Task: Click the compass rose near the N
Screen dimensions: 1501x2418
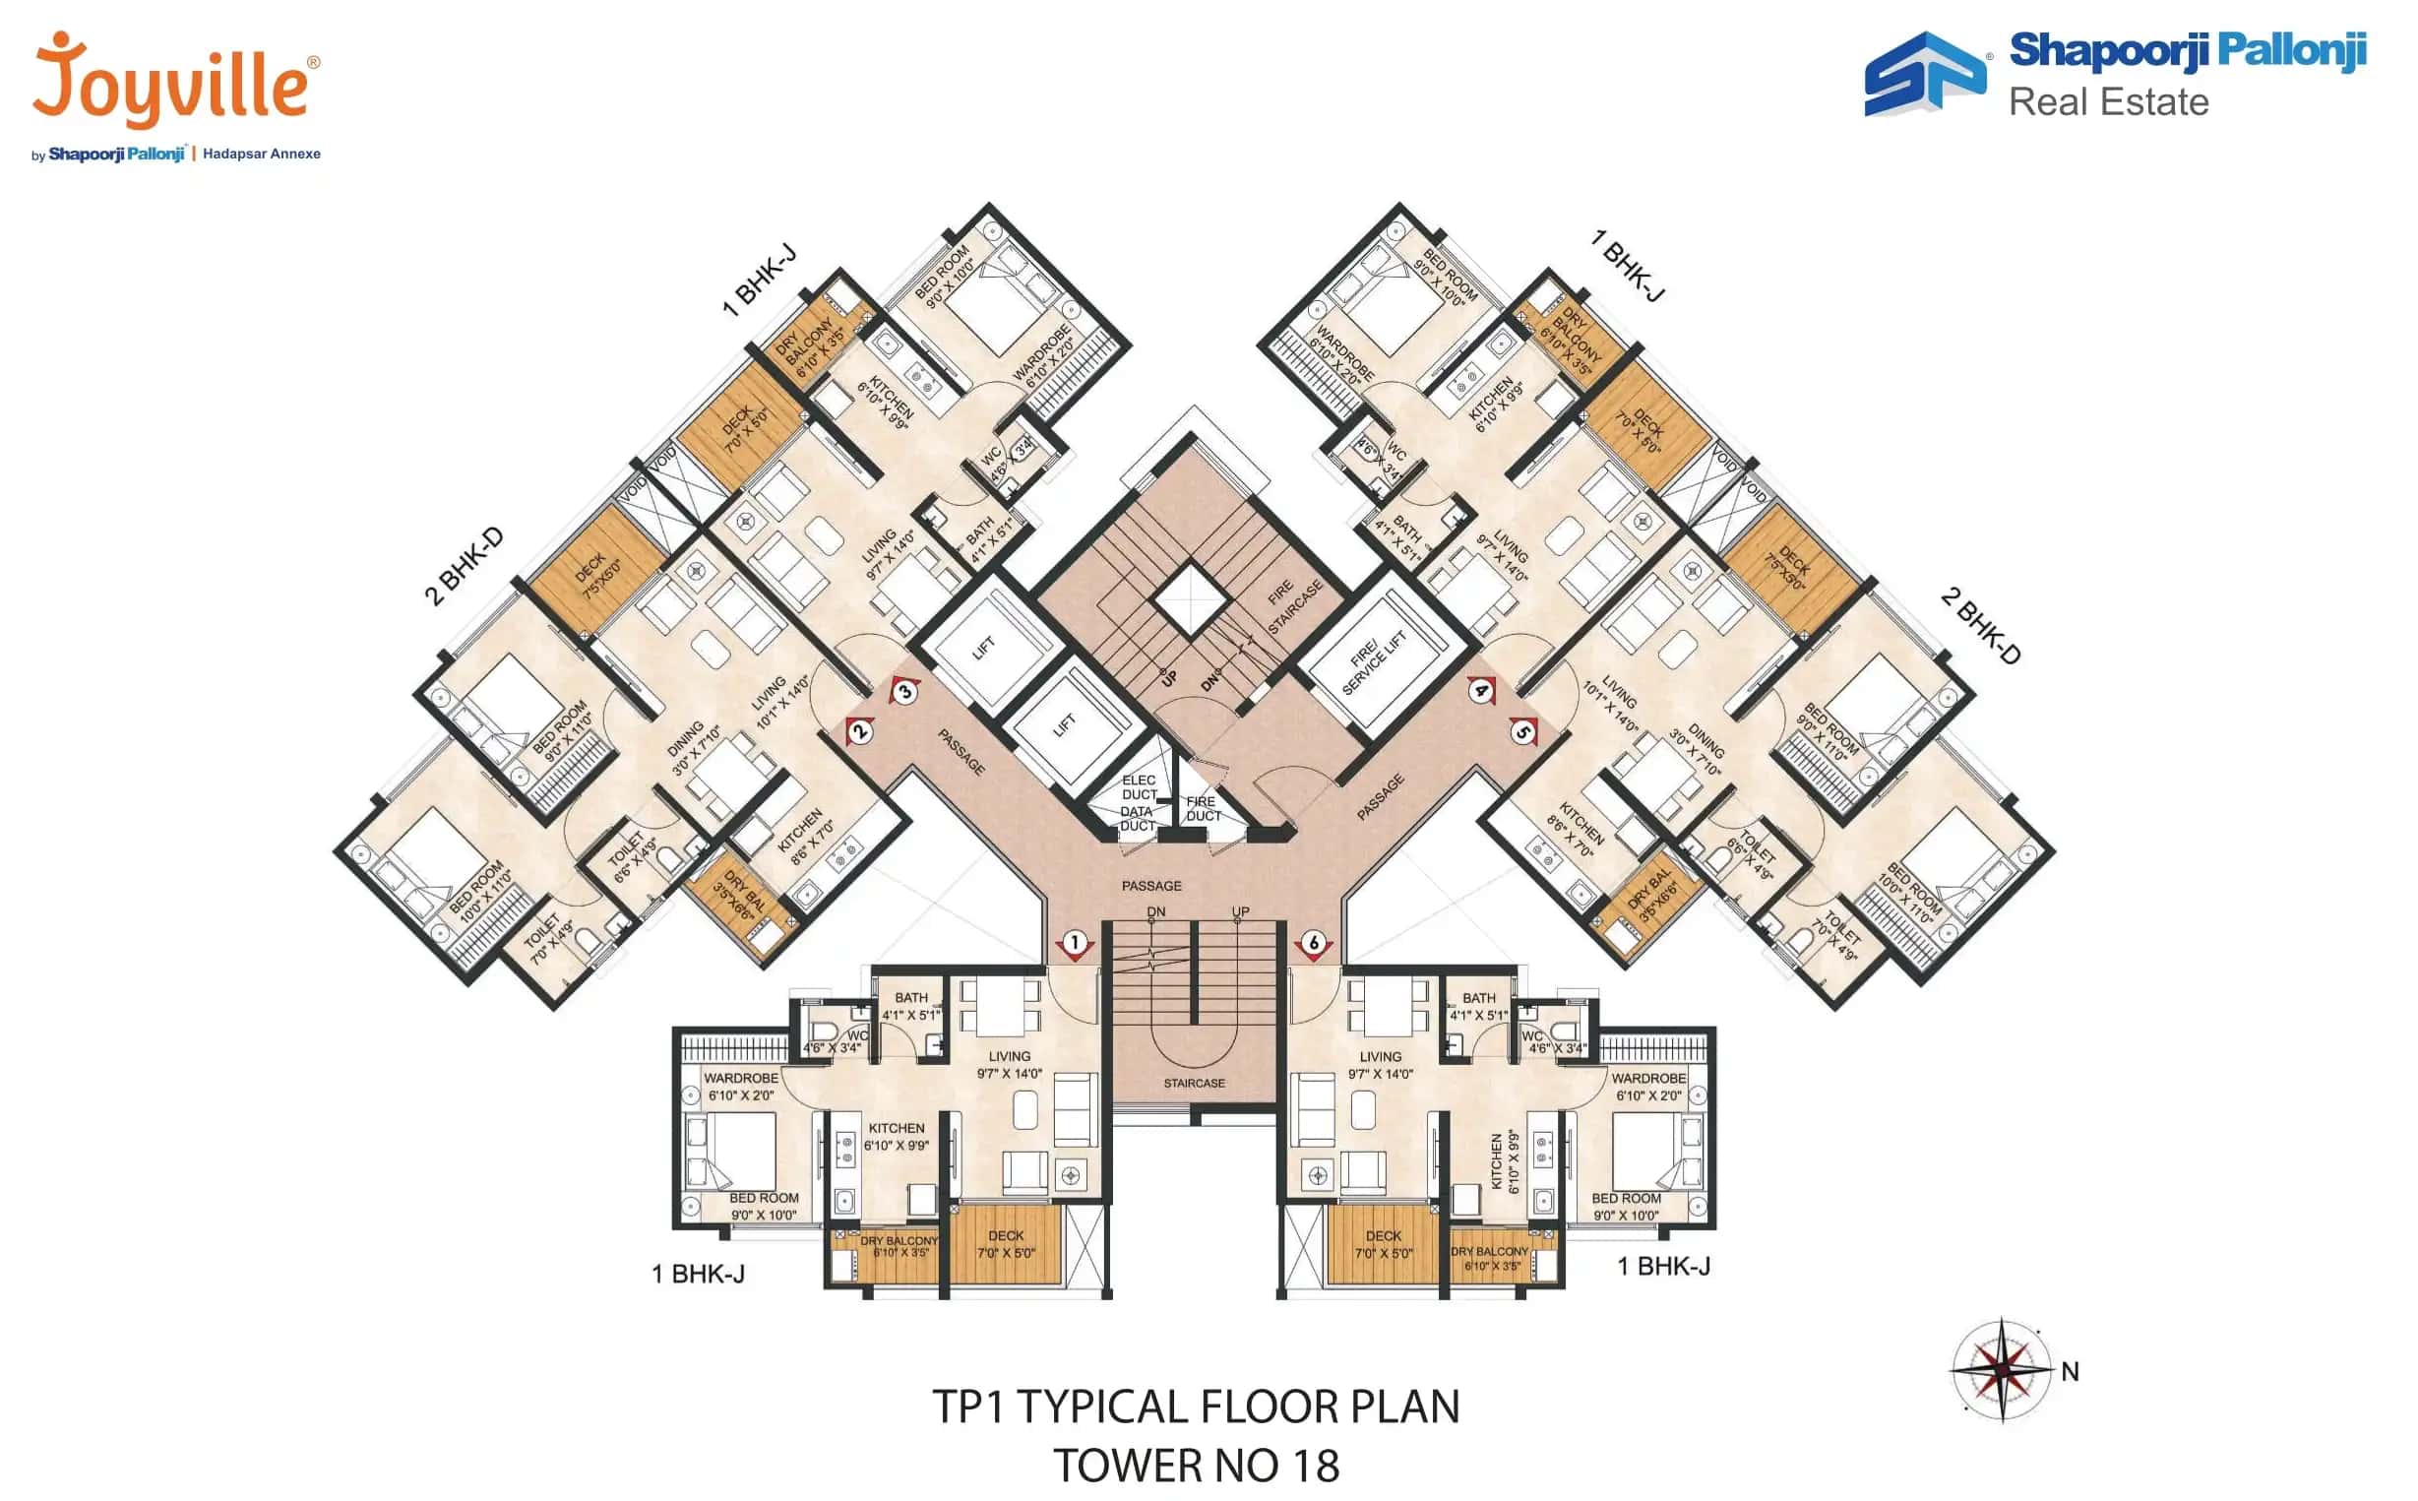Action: point(2002,1370)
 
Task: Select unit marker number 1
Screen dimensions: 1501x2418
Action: point(1074,942)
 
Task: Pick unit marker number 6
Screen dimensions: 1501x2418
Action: point(1314,942)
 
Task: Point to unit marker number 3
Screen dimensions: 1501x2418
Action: point(904,692)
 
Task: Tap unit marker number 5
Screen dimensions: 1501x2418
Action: point(1522,732)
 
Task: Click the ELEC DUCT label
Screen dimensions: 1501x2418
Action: point(1139,787)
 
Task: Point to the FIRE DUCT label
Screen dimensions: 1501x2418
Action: point(1202,808)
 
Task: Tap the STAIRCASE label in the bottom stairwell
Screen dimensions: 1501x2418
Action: point(1194,1083)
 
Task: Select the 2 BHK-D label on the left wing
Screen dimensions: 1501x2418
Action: point(465,566)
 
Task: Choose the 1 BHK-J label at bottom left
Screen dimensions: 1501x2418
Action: point(698,1274)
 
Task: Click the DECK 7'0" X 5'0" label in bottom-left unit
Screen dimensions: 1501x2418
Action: point(1006,1244)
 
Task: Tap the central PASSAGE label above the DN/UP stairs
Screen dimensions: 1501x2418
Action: point(1151,886)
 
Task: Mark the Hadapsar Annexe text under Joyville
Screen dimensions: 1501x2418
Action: point(261,154)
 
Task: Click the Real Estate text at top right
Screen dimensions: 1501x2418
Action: point(2108,102)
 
